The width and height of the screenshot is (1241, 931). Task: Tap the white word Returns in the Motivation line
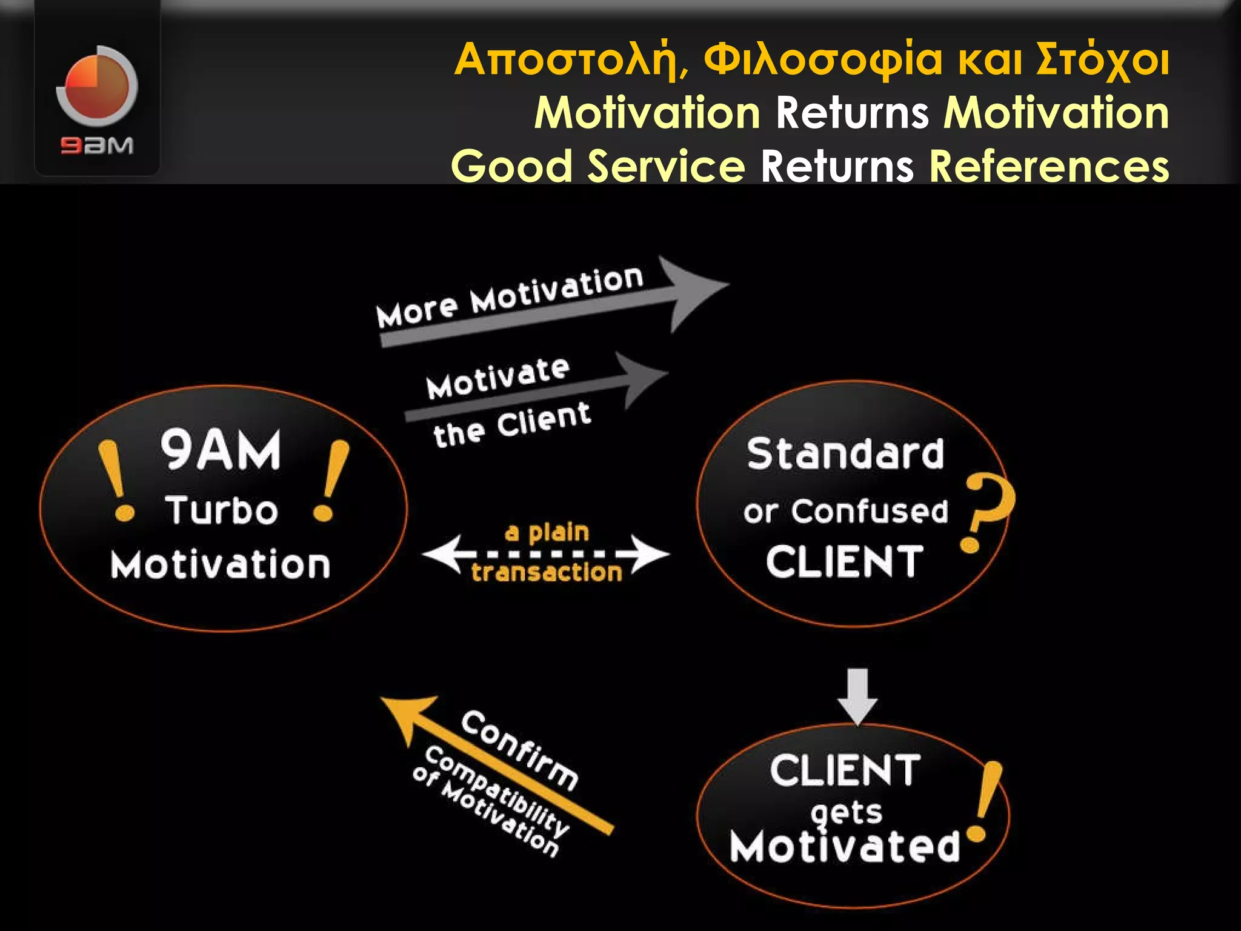coord(852,113)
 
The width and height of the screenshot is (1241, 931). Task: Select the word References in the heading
coord(1049,166)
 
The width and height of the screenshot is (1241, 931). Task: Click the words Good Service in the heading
coord(597,166)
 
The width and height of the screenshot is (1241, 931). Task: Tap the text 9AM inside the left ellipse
coord(221,450)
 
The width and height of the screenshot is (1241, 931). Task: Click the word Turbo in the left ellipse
coord(222,510)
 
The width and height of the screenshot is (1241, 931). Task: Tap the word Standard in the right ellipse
coord(845,454)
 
